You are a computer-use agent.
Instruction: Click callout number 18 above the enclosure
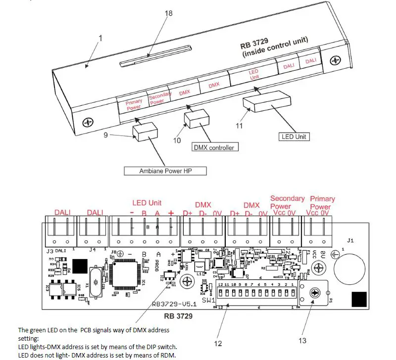click(x=168, y=13)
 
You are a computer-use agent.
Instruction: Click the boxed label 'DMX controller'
click(x=215, y=147)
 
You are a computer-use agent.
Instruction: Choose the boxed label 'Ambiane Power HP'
click(x=166, y=171)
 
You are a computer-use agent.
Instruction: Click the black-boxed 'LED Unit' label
click(x=295, y=136)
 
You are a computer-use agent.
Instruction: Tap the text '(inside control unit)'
click(x=275, y=48)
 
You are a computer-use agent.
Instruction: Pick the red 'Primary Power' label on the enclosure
click(x=134, y=104)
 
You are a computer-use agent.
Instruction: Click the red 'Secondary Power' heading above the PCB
click(x=287, y=202)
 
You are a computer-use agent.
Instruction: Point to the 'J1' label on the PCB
click(x=350, y=241)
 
